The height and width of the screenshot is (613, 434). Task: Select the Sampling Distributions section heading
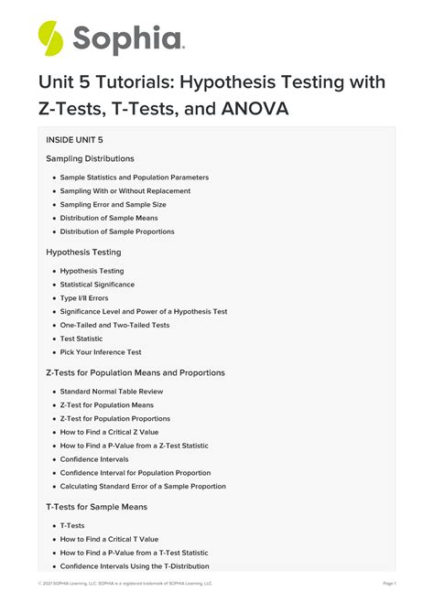point(90,159)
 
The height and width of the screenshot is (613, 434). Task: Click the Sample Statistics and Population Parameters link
point(135,177)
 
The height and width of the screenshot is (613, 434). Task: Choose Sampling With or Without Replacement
point(125,191)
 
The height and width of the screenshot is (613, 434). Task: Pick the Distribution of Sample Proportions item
point(117,231)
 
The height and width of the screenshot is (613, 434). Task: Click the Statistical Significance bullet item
point(97,285)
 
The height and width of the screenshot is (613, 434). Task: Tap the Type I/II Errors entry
point(85,298)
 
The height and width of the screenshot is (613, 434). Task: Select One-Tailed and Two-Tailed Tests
point(114,325)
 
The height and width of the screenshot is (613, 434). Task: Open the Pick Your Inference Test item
point(101,352)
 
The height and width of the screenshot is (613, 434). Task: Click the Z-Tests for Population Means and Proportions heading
point(136,372)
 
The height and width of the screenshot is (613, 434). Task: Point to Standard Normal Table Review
point(107,392)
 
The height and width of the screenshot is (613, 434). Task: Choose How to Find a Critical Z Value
point(109,432)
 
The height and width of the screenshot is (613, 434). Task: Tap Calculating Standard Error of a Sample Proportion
point(143,486)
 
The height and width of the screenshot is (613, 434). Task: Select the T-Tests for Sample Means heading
point(96,506)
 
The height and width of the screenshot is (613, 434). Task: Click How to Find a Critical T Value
point(109,539)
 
